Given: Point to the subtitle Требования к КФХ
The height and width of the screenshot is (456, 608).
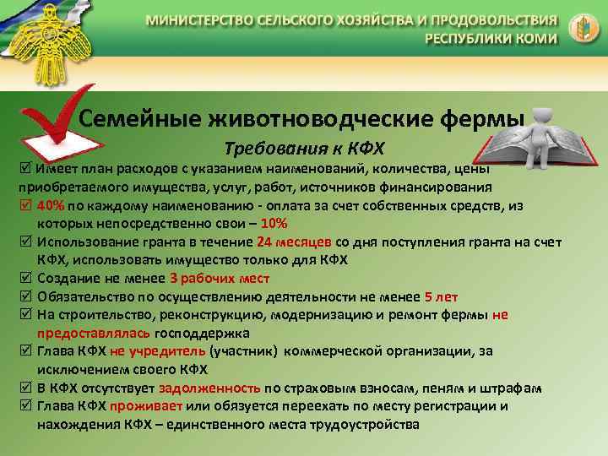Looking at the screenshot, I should click(x=303, y=149).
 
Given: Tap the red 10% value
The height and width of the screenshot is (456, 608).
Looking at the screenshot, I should click(x=274, y=223).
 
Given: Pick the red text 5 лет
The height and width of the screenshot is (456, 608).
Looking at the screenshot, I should click(x=441, y=296).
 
